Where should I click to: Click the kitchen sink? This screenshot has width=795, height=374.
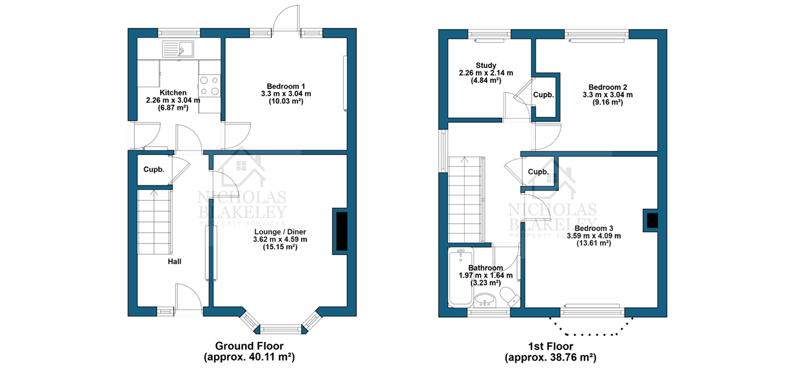click(178, 49)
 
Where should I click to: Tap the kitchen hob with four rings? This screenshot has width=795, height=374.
click(209, 86)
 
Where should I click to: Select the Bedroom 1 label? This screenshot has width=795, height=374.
click(286, 86)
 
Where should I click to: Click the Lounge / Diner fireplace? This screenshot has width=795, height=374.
click(341, 231)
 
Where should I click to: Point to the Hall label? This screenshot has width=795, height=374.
click(174, 261)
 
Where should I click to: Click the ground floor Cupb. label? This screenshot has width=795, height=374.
click(153, 170)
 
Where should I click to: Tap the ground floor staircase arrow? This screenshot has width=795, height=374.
click(153, 193)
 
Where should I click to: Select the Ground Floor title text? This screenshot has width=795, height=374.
click(249, 346)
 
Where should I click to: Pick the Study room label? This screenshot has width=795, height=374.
click(486, 66)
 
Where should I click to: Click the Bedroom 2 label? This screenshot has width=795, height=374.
click(608, 87)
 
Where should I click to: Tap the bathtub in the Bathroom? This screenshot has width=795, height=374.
click(461, 276)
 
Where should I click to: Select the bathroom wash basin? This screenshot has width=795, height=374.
click(485, 300)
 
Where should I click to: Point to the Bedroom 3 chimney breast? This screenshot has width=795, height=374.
click(651, 220)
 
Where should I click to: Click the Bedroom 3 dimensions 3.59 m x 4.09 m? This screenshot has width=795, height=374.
click(594, 236)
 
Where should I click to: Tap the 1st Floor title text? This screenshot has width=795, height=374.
click(551, 346)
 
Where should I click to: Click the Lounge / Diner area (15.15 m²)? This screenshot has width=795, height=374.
click(280, 247)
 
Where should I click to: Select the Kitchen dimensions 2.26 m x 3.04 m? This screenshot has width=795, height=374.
click(173, 100)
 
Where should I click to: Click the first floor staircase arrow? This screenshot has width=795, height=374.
click(464, 160)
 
